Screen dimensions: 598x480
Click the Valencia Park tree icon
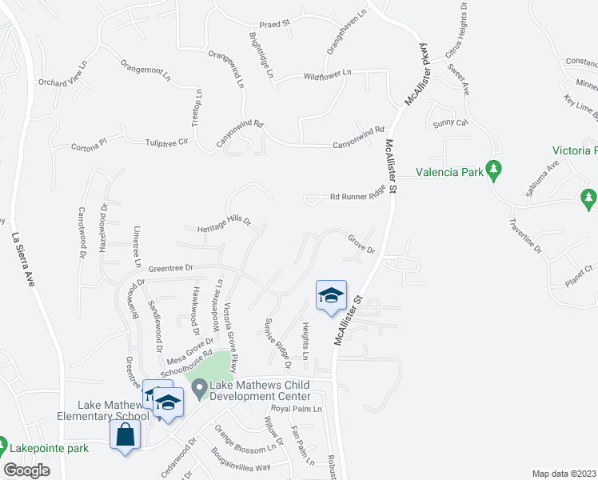[x=494, y=170]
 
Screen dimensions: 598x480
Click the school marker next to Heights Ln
[x=330, y=296]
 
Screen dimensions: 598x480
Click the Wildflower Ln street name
[x=328, y=75]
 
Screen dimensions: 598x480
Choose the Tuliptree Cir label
[x=165, y=142]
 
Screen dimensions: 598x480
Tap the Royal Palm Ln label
[x=296, y=409]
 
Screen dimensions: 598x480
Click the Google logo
[x=28, y=470]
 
